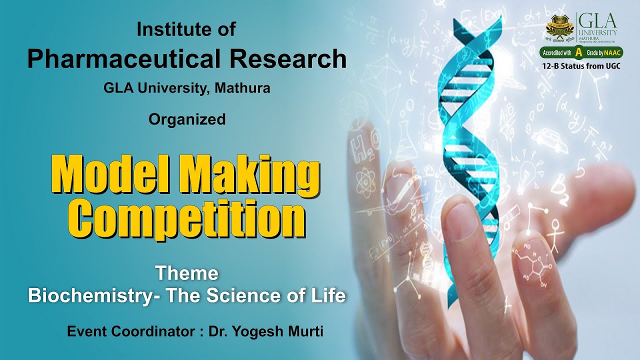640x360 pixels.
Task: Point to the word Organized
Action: [x=187, y=119]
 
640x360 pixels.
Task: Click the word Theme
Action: [x=186, y=273]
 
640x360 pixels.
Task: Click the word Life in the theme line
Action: [x=330, y=295]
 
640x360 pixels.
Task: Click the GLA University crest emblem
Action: [x=560, y=27]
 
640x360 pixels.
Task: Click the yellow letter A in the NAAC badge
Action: [x=578, y=52]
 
